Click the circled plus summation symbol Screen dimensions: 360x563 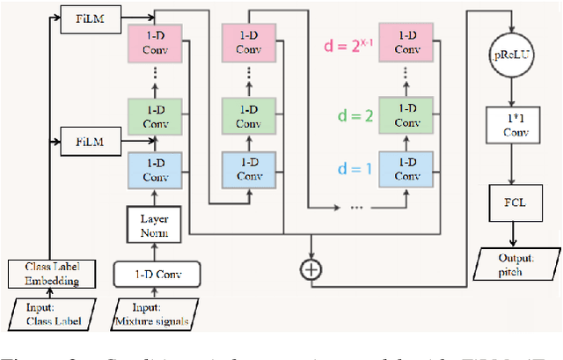coord(311,269)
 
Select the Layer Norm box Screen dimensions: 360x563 coord(154,224)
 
